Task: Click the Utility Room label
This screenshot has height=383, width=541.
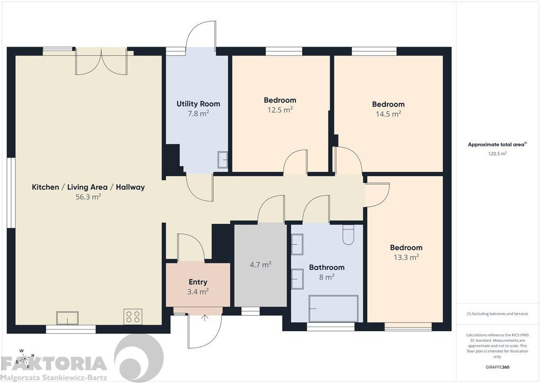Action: click(x=198, y=104)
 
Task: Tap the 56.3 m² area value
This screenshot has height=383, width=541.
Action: click(x=88, y=197)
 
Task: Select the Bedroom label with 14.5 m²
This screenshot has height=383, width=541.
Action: click(x=388, y=104)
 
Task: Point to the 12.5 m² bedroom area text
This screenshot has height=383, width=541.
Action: click(x=280, y=110)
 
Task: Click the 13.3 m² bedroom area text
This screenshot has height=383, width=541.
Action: click(x=406, y=257)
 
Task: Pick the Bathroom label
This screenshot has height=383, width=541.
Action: click(x=327, y=267)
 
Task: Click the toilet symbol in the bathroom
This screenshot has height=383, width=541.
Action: click(x=348, y=235)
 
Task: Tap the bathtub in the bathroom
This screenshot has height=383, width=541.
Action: click(x=333, y=308)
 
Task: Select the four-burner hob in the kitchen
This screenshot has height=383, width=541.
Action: click(x=133, y=317)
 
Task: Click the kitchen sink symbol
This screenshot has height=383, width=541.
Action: click(x=67, y=318)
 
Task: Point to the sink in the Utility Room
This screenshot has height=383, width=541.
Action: click(x=222, y=160)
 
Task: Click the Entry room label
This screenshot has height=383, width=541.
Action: click(x=198, y=282)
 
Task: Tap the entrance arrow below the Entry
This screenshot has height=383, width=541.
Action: click(x=204, y=318)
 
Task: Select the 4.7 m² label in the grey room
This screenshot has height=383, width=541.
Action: click(x=260, y=265)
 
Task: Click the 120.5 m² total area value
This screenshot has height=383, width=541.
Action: click(x=497, y=154)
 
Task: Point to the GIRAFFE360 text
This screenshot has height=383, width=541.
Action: click(x=497, y=367)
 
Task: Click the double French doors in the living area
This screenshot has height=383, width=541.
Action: click(x=101, y=62)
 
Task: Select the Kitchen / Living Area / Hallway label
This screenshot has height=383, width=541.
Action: click(x=88, y=187)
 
